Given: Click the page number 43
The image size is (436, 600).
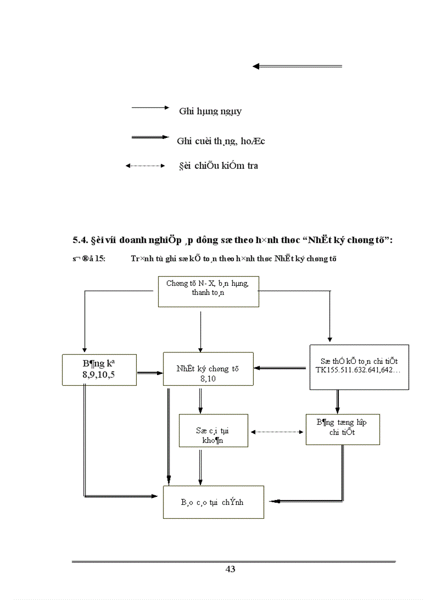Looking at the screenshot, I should (230, 569).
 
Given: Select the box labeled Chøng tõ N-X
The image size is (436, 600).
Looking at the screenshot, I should (208, 291).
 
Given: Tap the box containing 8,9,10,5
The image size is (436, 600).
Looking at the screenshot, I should (99, 369).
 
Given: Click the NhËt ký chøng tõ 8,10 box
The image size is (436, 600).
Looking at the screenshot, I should (208, 369).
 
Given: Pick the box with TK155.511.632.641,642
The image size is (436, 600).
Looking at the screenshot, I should (359, 367).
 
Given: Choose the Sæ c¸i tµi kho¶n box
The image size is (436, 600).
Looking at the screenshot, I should (213, 430).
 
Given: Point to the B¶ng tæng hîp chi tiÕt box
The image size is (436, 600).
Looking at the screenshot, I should (342, 428).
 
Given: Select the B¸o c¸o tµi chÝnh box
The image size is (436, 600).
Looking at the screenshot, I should (213, 502).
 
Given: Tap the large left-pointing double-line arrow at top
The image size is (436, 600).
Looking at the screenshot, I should (297, 66).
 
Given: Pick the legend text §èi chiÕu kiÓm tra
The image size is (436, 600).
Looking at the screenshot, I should (218, 166).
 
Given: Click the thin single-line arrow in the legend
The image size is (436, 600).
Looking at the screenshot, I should (150, 107).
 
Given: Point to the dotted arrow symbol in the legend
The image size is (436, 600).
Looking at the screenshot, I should (145, 166).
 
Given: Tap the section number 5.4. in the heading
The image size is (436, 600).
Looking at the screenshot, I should (81, 240).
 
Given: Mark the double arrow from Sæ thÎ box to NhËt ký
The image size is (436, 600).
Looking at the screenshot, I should (282, 368).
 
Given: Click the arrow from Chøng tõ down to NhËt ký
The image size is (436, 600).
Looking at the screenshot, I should (200, 331).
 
